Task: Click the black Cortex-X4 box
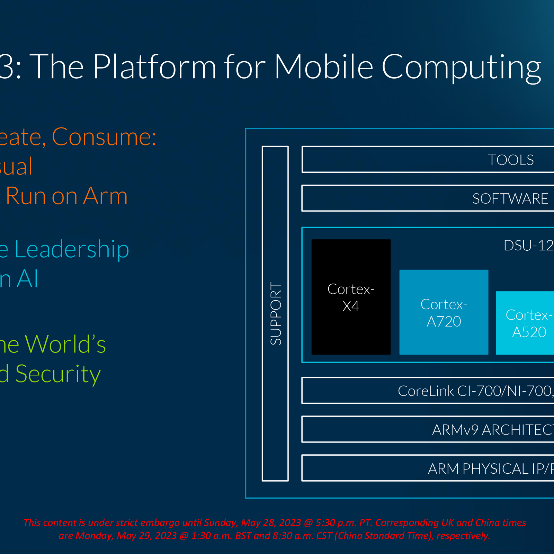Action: [x=351, y=297]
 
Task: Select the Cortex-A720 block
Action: [x=444, y=312]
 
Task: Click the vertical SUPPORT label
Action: [x=276, y=314]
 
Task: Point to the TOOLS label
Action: [x=511, y=160]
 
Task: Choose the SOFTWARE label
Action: [x=510, y=199]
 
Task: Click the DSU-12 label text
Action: [x=528, y=246]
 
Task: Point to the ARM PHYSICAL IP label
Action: [x=490, y=469]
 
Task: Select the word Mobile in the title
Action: [x=324, y=67]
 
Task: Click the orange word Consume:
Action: [x=104, y=137]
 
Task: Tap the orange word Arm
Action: [x=105, y=196]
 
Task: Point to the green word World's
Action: [x=65, y=344]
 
